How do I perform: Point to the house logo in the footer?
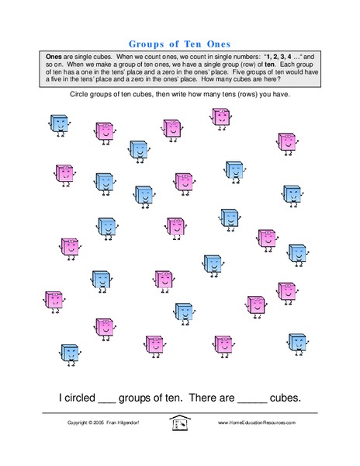click(x=180, y=423)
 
